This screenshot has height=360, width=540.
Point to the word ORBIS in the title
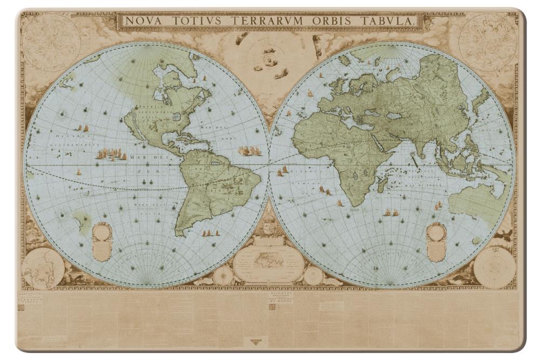pos(335,21)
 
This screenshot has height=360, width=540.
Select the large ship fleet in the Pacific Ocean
pos(111,155)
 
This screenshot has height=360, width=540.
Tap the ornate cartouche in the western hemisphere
pos(102,241)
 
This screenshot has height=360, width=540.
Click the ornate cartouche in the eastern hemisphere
pos(436,241)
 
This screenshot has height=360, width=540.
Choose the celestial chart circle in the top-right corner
pos(487,42)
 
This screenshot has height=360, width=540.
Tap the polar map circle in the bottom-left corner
pos(43,268)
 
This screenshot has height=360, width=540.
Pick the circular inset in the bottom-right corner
pos(494,267)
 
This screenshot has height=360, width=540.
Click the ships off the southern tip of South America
pos(211,233)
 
